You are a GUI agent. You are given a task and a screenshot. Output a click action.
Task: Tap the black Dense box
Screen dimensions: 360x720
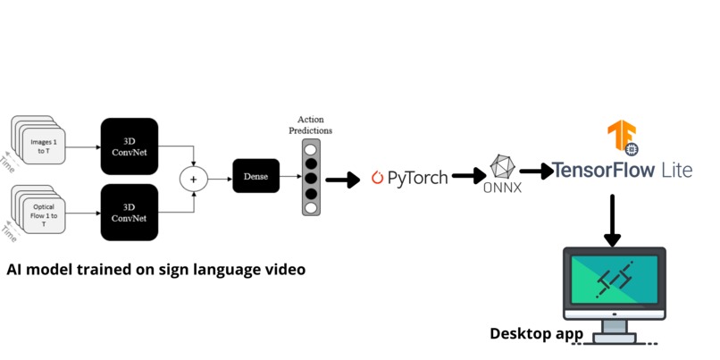[256, 176]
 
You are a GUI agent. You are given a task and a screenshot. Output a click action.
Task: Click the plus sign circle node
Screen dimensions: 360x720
[193, 179]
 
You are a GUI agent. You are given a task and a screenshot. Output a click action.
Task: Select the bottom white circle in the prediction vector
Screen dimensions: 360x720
[310, 207]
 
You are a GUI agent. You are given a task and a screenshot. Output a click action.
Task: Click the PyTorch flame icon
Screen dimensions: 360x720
[377, 177]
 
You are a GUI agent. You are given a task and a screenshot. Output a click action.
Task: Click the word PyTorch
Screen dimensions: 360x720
[417, 178]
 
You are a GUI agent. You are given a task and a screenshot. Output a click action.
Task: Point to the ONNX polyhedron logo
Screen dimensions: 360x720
[503, 166]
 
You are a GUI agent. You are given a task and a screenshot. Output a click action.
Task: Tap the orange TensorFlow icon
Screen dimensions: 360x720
[622, 138]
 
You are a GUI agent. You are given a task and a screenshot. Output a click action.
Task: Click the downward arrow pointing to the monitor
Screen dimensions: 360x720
[612, 219]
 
